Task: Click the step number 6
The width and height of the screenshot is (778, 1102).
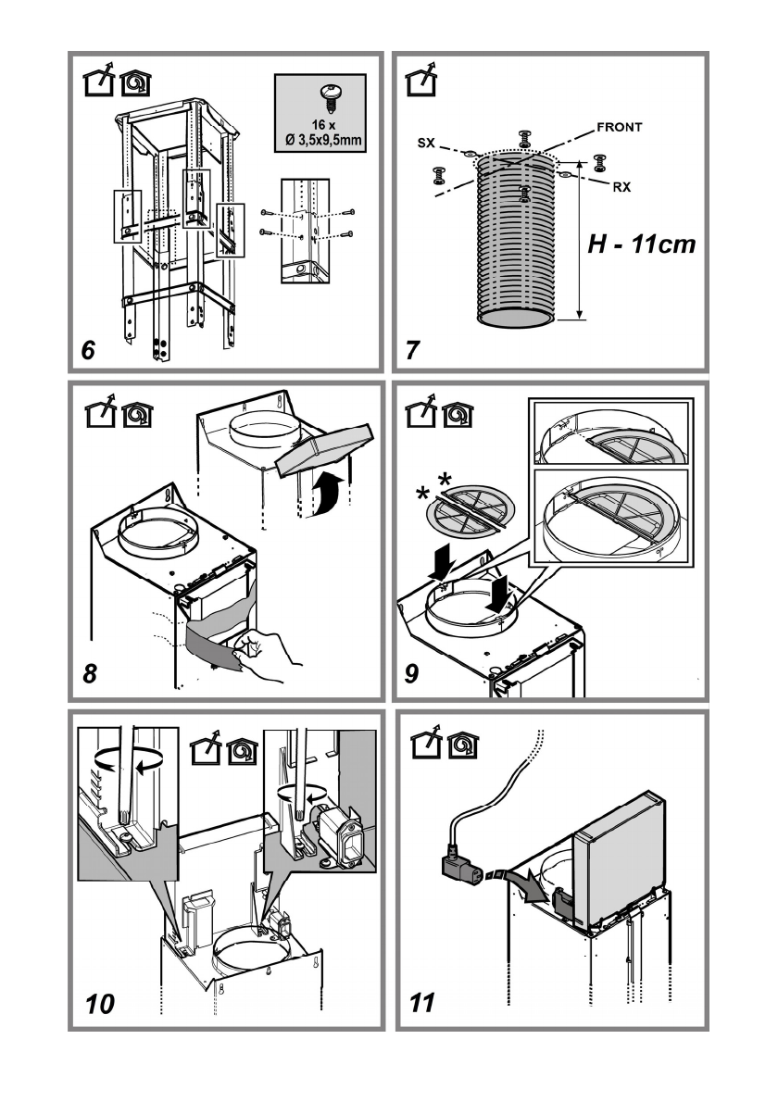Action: pos(88,350)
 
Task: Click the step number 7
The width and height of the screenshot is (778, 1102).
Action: pos(412,350)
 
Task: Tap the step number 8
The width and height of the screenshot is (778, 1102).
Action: pos(89,673)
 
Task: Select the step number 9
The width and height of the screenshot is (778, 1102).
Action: pos(412,673)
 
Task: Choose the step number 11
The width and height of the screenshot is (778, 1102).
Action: pos(421,1003)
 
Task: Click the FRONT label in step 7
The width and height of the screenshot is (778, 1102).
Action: pos(620,127)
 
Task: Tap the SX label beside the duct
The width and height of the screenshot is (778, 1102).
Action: pos(427,144)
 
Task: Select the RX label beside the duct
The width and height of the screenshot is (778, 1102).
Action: pos(622,187)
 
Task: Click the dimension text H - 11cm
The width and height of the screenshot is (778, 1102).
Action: pos(642,244)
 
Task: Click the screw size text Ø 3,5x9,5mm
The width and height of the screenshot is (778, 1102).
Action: pos(323,140)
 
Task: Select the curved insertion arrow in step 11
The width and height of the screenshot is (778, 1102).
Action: pos(523,885)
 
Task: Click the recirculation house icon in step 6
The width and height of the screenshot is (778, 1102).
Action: pos(136,83)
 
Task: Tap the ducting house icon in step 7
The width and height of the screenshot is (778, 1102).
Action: pos(421,80)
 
